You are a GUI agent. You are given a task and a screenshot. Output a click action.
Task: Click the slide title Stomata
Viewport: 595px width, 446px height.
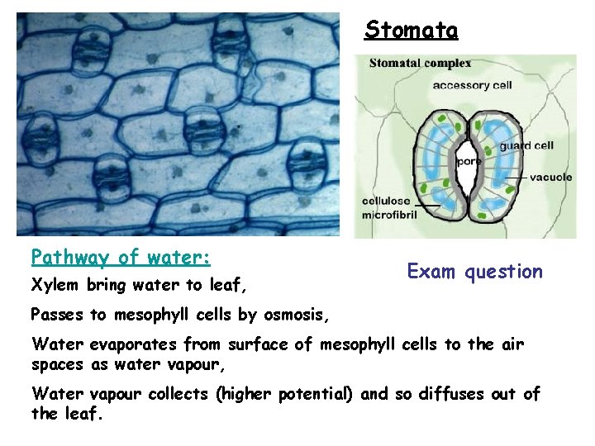pos(411,31)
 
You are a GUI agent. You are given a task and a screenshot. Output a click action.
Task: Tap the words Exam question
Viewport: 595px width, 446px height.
pos(474,271)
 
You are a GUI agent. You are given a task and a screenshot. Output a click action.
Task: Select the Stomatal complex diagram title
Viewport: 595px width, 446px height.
pos(420,63)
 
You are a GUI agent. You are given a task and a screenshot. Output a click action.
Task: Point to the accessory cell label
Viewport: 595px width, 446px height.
pos(472,84)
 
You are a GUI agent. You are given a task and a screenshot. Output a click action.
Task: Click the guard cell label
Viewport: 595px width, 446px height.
pos(527,146)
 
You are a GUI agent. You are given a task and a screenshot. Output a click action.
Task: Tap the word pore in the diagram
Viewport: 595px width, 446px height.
pos(469,162)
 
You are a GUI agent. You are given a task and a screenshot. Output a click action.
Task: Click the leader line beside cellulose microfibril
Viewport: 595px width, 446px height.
pos(427,204)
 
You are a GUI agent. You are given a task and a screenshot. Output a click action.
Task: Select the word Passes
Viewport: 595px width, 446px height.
pos(57,315)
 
